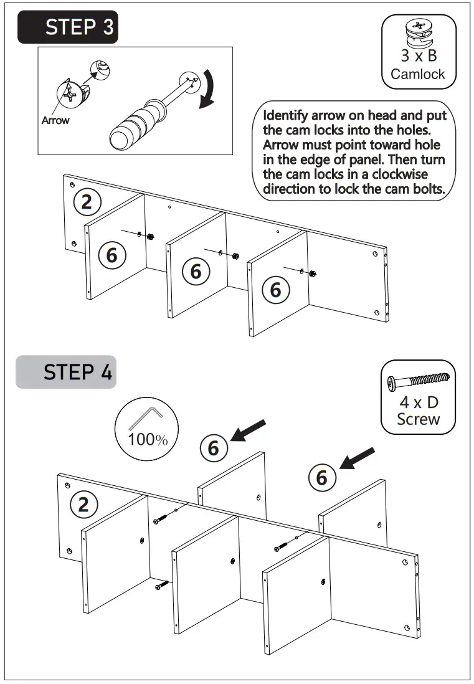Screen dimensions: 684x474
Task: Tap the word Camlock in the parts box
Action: coord(418,74)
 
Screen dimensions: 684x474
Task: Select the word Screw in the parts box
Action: coord(418,419)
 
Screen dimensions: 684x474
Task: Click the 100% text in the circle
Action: coord(148,439)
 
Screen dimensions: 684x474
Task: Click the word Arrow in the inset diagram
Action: coord(55,120)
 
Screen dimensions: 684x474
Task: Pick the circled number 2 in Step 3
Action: coord(87,201)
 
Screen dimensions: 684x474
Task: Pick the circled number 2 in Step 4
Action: coord(83,504)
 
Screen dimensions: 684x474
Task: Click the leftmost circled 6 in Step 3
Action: coord(111,255)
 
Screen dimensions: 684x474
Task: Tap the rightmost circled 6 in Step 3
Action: coord(275,290)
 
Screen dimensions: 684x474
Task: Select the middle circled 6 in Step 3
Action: coord(196,271)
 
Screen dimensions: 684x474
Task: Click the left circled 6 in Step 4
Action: coord(213,447)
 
